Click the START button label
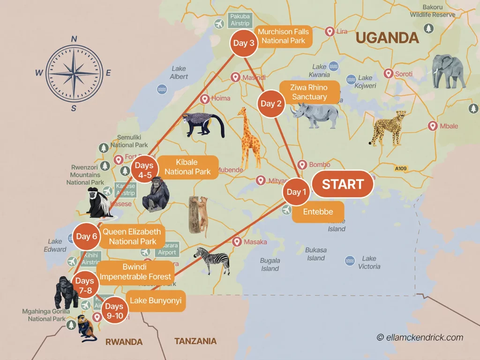pos(343,184)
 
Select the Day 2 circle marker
pos(271,104)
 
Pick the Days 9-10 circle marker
pos(114,309)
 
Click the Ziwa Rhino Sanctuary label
pos(309,92)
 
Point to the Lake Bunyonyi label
pos(156,300)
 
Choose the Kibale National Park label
pos(187,167)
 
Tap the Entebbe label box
pos(318,211)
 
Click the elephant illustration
pos(449,71)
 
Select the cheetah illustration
pos(387,127)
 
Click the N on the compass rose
pos(74,39)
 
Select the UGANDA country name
pos(387,37)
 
